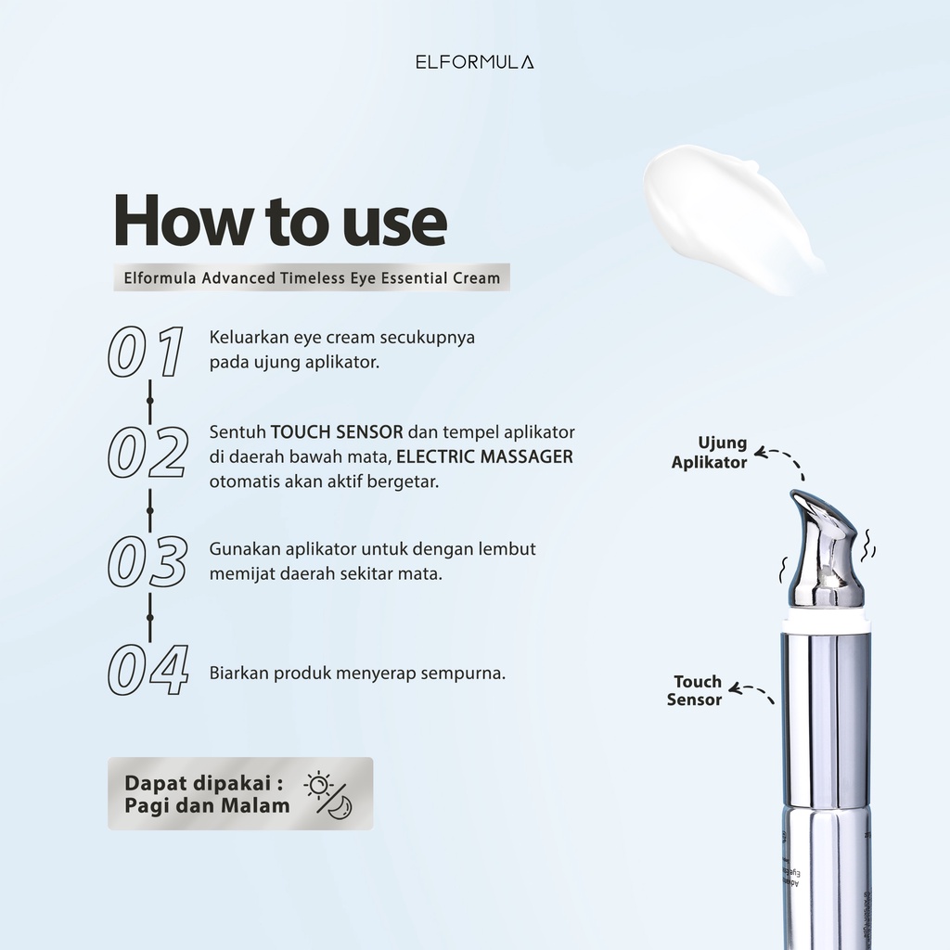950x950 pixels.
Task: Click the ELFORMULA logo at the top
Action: pos(475,63)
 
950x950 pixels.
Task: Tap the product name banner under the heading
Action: pos(312,277)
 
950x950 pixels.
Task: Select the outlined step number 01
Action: pos(144,352)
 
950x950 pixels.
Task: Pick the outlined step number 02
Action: pos(148,453)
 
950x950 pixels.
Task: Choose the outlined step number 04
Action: pos(148,671)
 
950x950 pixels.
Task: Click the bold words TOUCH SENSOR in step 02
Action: pos(337,432)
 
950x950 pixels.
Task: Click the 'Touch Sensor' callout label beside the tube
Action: pos(695,691)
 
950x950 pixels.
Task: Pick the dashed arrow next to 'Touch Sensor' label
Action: pos(752,692)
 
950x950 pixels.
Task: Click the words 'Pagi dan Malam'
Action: pos(208,805)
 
